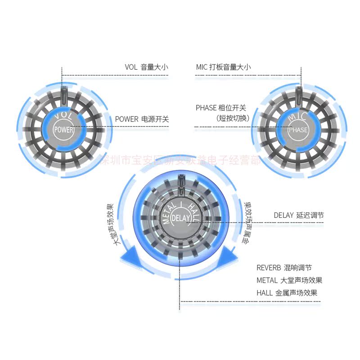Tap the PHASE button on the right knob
[x=298, y=130]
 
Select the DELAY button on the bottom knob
[x=181, y=219]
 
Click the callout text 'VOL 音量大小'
[x=146, y=67]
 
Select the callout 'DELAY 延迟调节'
[x=298, y=215]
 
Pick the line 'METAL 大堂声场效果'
[x=289, y=280]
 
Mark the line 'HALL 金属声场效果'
[x=287, y=292]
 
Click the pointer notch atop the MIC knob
[x=299, y=93]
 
